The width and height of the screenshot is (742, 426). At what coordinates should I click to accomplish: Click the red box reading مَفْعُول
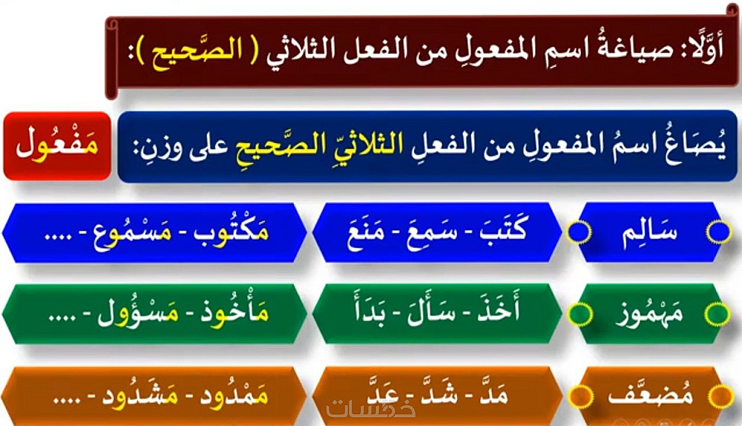(57, 145)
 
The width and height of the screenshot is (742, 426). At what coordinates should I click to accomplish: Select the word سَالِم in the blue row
(649, 232)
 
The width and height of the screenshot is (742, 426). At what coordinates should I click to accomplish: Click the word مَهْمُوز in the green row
(650, 313)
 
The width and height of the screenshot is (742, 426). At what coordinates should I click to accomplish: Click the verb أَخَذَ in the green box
(498, 308)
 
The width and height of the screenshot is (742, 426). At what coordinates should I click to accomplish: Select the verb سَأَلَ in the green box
(429, 310)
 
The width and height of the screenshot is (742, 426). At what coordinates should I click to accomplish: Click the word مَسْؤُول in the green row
(138, 312)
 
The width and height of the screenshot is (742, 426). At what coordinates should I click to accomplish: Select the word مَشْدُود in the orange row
(140, 394)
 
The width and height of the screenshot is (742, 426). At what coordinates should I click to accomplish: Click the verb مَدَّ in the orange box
(493, 393)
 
